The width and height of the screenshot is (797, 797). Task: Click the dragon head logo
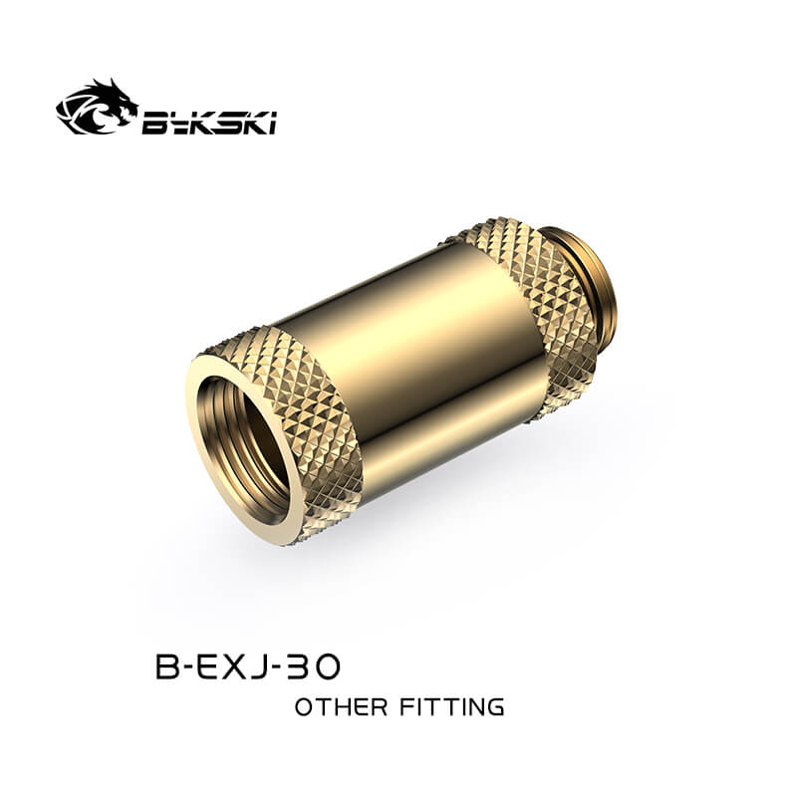click(97, 108)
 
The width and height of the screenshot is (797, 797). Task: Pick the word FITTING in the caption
click(451, 707)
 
